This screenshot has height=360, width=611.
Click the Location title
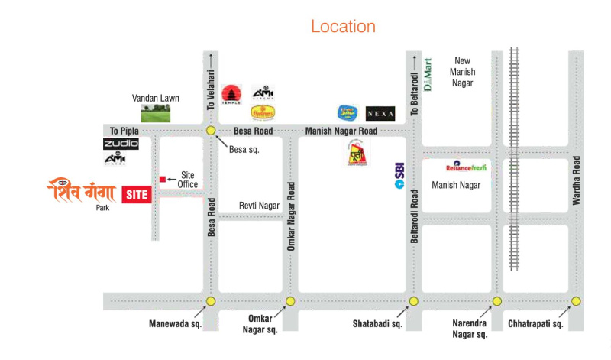click(x=343, y=27)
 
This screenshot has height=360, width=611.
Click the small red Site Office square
click(x=162, y=179)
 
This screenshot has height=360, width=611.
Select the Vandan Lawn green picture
click(x=150, y=113)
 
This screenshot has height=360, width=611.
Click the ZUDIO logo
click(x=121, y=144)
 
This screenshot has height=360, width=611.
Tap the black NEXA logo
click(x=380, y=113)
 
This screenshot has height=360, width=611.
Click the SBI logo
click(x=399, y=176)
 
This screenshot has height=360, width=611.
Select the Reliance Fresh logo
click(x=466, y=166)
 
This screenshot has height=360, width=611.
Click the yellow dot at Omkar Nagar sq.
click(x=289, y=301)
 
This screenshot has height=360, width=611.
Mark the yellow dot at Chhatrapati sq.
click(x=576, y=300)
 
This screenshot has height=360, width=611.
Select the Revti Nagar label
click(x=260, y=206)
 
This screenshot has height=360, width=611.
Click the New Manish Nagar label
click(x=464, y=72)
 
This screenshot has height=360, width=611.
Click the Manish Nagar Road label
click(x=341, y=131)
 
